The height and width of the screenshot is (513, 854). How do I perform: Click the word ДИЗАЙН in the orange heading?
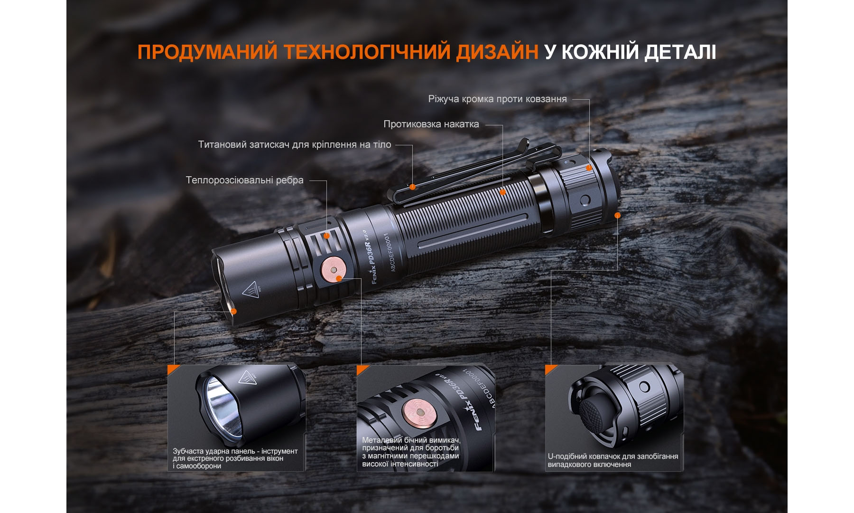(x=497, y=52)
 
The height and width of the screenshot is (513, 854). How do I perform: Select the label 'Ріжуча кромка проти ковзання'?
(x=497, y=99)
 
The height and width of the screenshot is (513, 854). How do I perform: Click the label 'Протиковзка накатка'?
(x=431, y=124)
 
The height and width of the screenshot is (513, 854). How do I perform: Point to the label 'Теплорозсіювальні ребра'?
(x=244, y=180)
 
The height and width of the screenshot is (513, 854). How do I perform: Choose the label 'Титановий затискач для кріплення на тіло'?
(x=294, y=144)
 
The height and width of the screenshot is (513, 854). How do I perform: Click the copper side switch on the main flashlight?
(x=333, y=269)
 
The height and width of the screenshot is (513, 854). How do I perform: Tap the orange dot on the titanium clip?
(x=413, y=187)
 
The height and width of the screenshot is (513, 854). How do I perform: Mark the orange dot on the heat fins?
(x=326, y=236)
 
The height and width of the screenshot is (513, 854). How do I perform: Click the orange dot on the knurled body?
(x=502, y=192)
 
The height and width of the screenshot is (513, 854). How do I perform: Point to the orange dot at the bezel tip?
(x=233, y=311)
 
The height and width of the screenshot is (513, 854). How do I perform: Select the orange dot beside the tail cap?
(x=617, y=215)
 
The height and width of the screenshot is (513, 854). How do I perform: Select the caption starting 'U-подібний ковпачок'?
(x=613, y=460)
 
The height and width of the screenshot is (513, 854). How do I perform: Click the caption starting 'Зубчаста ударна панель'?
(x=235, y=458)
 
